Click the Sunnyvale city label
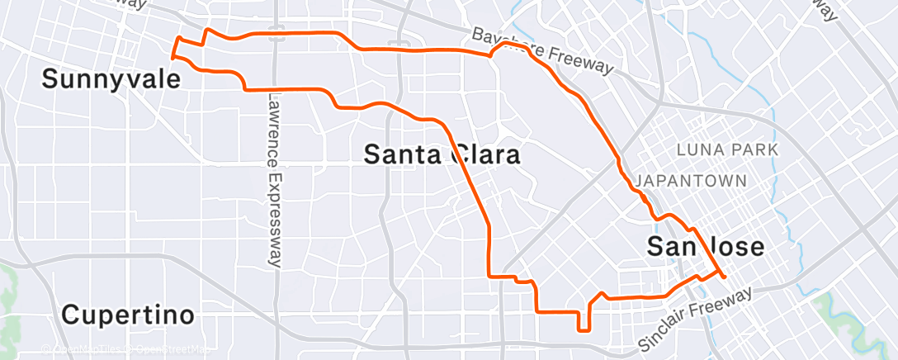pos(111,79)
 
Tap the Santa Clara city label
pos(442,154)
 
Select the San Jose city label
pos(706,247)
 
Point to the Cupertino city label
pos(128,315)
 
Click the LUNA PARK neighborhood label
pos(727,150)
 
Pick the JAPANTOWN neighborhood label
pos(692,181)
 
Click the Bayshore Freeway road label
pos(545,51)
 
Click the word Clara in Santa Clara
pos(484,154)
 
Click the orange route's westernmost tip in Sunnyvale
pos(172,57)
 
